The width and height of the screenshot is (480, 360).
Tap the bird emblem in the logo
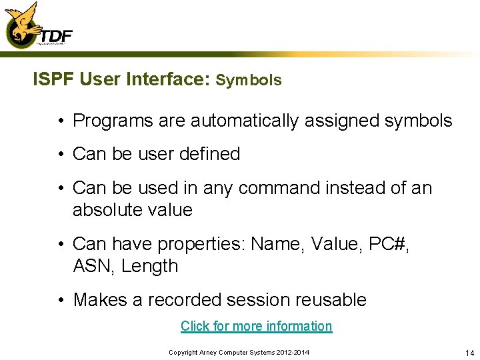(x=20, y=24)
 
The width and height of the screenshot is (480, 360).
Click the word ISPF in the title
(x=53, y=80)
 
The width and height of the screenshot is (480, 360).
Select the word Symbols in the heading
(x=249, y=81)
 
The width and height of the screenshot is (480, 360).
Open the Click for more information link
(x=256, y=326)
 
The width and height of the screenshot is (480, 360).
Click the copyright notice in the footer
(x=239, y=352)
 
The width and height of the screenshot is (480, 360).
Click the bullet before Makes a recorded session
(x=60, y=300)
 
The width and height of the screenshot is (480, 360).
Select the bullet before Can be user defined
(x=60, y=153)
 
